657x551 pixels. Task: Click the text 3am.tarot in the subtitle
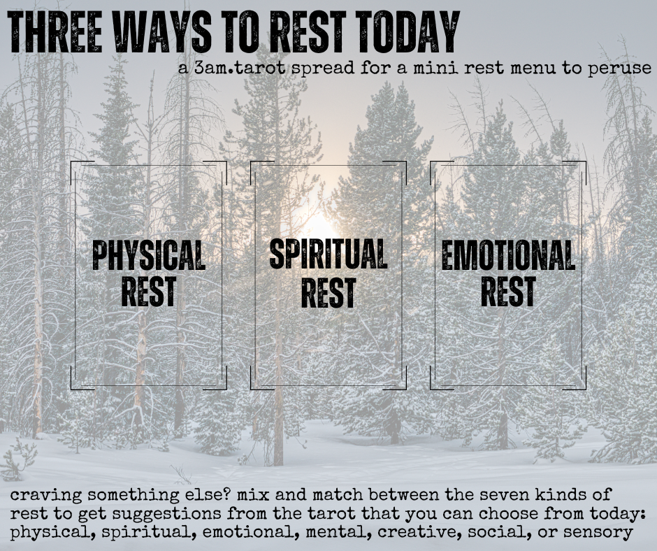(x=231, y=69)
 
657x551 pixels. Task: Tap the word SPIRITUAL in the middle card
(x=328, y=255)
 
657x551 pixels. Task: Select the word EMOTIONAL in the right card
(x=507, y=256)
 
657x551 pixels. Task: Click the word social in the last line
(x=500, y=532)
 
